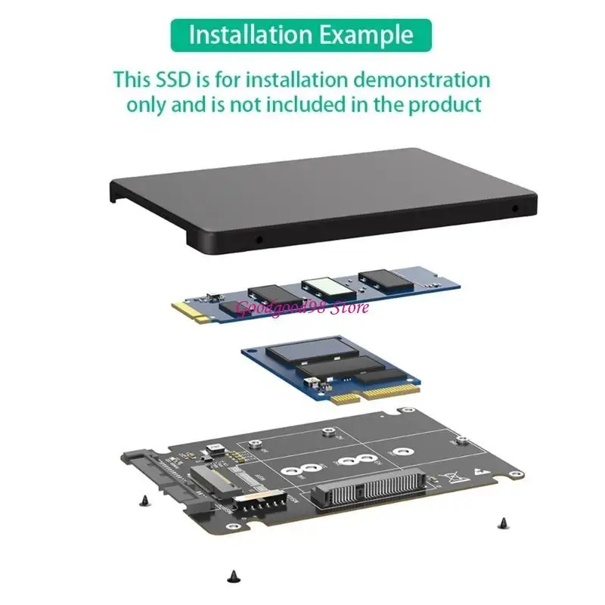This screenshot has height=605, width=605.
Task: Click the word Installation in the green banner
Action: [x=250, y=35]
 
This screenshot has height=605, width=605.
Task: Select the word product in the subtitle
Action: [x=445, y=104]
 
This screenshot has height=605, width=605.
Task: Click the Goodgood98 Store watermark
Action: [x=302, y=307]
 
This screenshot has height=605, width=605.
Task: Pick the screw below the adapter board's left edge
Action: [x=144, y=498]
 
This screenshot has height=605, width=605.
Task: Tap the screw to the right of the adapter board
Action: [x=502, y=521]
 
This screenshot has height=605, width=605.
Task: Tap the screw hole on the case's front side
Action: [x=259, y=239]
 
